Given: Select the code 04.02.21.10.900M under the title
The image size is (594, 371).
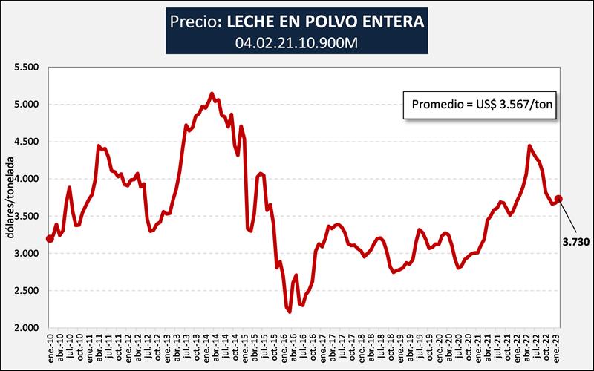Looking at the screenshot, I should [297, 43].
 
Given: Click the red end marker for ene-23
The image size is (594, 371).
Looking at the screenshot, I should [559, 199].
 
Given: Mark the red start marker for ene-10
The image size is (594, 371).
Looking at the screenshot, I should [50, 238].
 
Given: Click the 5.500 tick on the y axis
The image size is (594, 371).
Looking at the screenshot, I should [26, 67].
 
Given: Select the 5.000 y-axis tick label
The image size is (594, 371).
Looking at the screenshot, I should [26, 104].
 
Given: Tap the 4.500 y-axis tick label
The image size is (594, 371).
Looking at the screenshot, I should [26, 141].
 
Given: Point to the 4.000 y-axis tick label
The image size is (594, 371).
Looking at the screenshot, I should [26, 179].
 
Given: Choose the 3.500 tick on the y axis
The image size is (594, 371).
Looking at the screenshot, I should [26, 216].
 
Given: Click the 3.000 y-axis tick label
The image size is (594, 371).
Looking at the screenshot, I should [26, 253].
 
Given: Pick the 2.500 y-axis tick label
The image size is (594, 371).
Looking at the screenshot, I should [26, 290].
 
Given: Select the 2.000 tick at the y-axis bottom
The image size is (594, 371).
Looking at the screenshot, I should [26, 327].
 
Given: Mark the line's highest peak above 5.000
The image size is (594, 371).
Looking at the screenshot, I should [212, 93].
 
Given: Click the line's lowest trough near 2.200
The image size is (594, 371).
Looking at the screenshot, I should [289, 312].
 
